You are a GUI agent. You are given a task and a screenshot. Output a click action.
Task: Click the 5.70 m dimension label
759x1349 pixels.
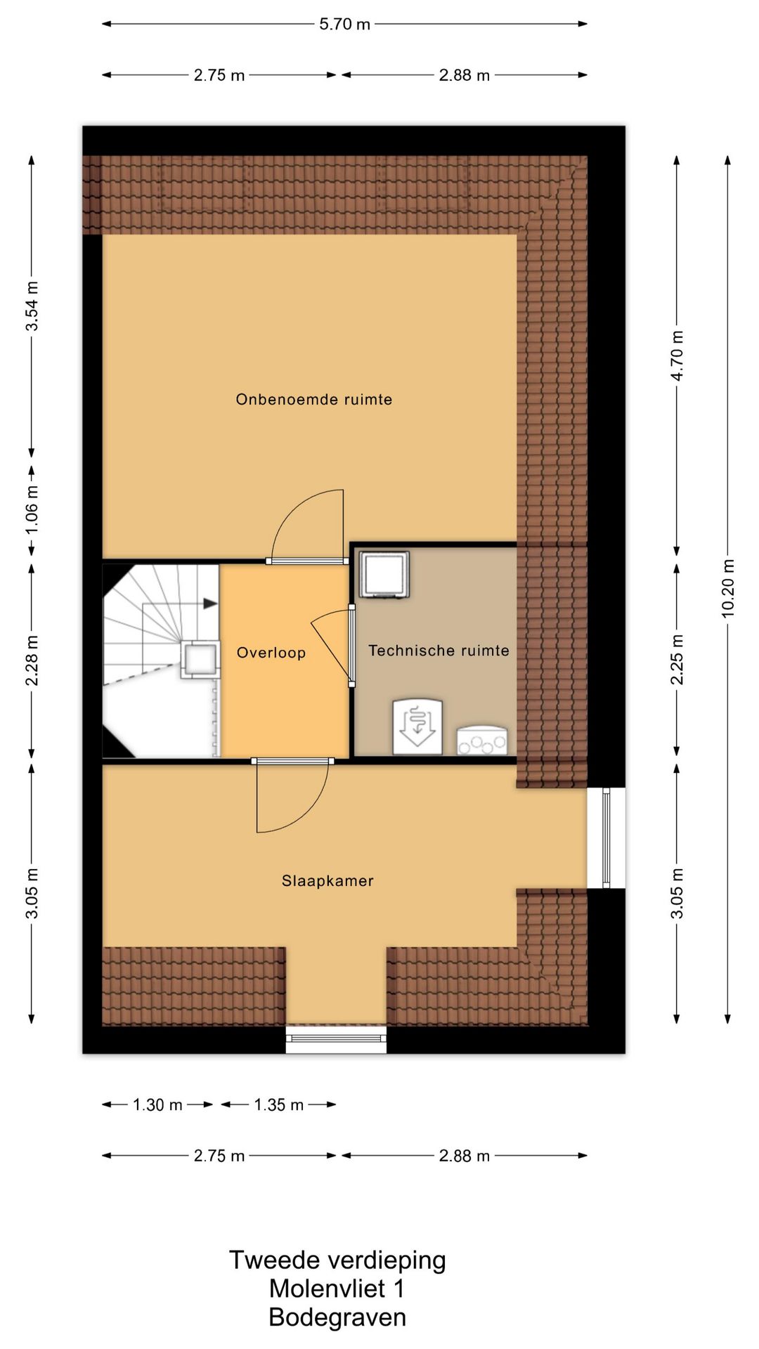[x=344, y=24]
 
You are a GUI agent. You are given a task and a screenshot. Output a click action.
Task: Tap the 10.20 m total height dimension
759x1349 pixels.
[x=728, y=589]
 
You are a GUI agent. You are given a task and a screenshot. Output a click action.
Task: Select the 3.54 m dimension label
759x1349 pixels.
[x=32, y=306]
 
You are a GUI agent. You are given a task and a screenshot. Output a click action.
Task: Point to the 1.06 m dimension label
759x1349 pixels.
[x=32, y=509]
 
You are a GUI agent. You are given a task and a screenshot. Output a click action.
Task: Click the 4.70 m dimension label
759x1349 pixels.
[x=677, y=356]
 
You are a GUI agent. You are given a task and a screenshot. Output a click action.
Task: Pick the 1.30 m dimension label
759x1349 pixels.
[x=157, y=1104]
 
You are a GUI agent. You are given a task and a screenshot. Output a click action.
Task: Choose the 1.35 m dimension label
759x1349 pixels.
[x=278, y=1104]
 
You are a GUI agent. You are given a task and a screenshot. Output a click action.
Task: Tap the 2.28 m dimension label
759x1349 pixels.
[x=32, y=660]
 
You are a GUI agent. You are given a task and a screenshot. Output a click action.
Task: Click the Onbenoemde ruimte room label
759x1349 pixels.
[x=313, y=400]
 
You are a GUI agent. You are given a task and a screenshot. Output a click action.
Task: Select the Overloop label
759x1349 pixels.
[x=271, y=653]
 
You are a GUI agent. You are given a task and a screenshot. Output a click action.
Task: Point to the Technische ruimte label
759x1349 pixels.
[x=439, y=651]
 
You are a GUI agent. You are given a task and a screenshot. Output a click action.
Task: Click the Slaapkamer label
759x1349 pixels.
[x=327, y=881]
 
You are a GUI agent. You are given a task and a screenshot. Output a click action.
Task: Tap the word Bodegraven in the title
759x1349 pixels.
[x=337, y=1317]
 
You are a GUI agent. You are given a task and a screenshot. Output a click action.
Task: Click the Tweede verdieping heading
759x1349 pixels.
[x=337, y=1260]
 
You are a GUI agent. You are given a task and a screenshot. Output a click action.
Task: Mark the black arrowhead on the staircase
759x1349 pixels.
[x=210, y=603]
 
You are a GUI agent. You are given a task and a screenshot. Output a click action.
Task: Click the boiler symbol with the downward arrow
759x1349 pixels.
[x=417, y=726]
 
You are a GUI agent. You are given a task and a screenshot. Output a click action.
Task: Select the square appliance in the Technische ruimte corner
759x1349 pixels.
[x=384, y=575]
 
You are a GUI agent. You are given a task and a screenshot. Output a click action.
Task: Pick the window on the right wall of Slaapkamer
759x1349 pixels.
[x=606, y=838]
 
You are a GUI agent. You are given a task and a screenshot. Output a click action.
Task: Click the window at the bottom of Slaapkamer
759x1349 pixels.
[x=336, y=1039]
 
